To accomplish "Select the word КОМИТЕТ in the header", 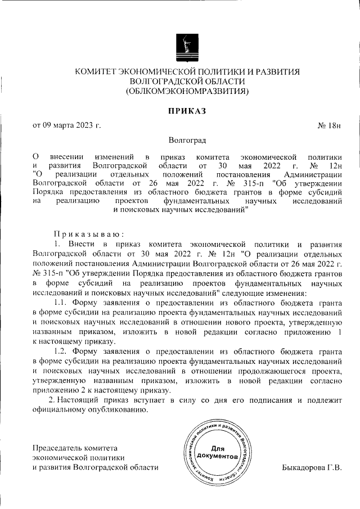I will click(x=96, y=71).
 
